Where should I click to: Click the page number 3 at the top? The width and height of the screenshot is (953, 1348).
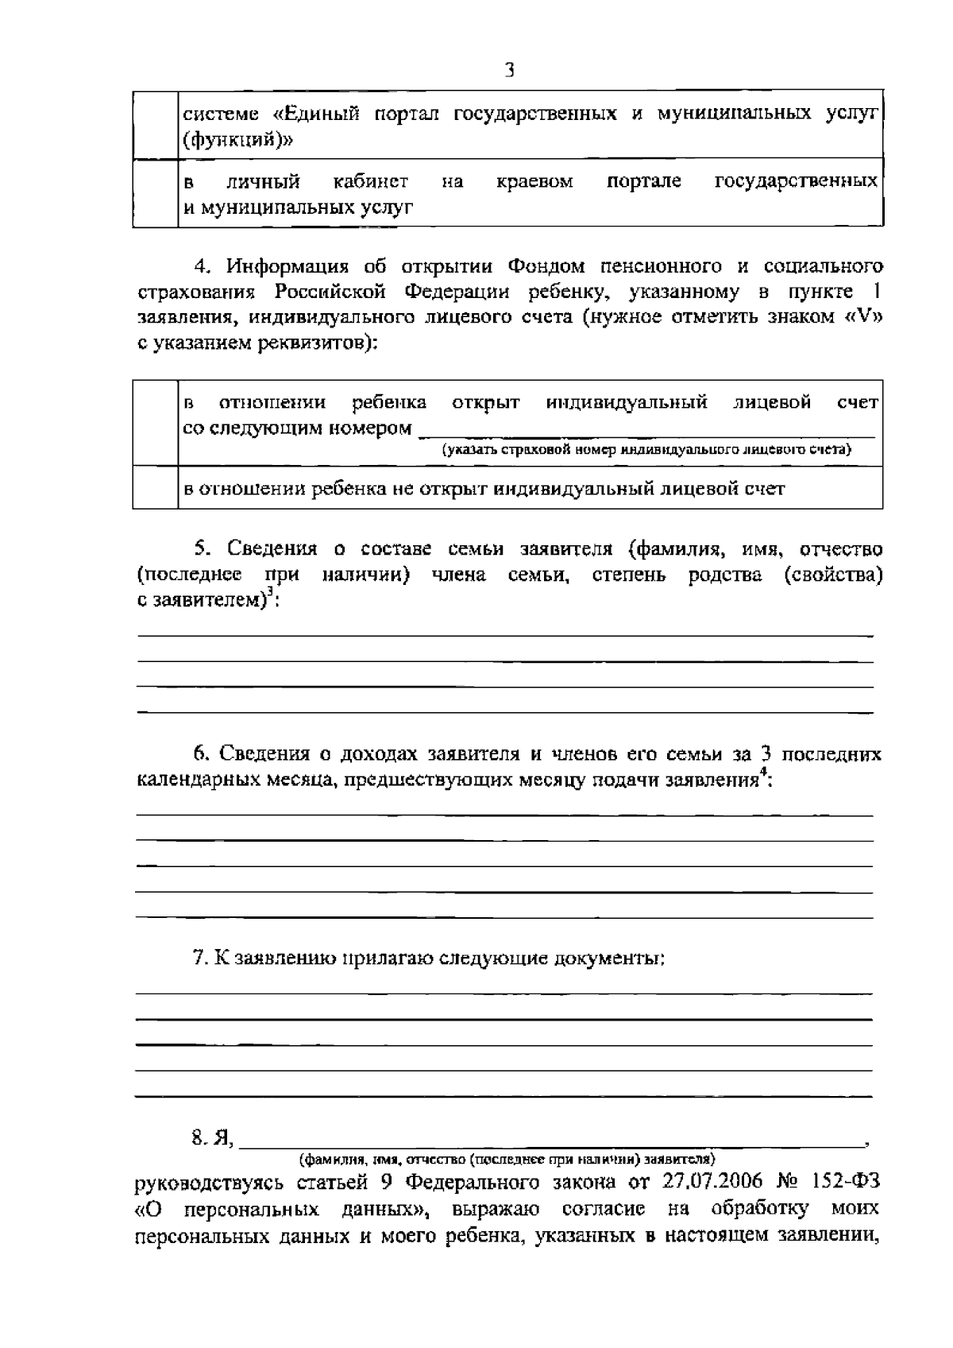(509, 70)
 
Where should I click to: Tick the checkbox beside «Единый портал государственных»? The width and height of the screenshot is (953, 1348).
(155, 125)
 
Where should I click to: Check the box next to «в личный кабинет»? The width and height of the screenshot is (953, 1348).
(155, 193)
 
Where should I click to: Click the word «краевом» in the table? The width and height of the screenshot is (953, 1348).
(534, 182)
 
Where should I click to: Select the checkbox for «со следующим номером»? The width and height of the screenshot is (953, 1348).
(155, 423)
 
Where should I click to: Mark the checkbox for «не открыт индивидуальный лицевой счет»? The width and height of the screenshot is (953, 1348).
(155, 487)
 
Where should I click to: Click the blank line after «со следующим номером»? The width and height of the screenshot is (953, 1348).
(646, 431)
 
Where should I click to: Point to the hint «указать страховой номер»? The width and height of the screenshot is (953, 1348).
(646, 450)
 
